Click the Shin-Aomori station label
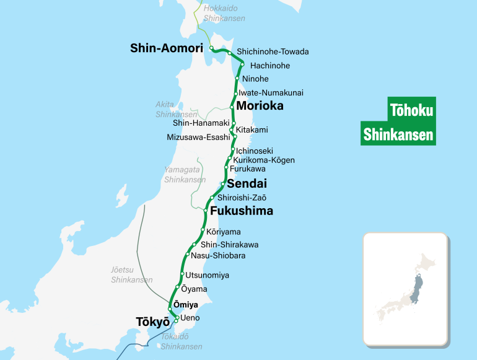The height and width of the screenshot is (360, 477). click(x=167, y=48)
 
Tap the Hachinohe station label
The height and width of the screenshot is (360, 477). click(x=269, y=66)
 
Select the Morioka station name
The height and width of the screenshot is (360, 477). click(x=260, y=106)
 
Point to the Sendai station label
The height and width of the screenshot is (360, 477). click(x=247, y=183)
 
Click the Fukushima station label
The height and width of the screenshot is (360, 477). click(x=242, y=211)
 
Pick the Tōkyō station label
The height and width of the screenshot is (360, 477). click(x=152, y=322)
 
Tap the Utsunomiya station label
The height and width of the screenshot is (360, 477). click(x=207, y=274)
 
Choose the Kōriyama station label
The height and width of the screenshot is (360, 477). click(x=223, y=232)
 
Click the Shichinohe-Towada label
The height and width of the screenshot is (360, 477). click(x=273, y=51)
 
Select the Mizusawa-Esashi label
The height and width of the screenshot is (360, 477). click(x=198, y=137)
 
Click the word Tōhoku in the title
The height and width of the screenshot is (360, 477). click(x=412, y=110)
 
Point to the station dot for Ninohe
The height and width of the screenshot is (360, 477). click(x=237, y=79)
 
